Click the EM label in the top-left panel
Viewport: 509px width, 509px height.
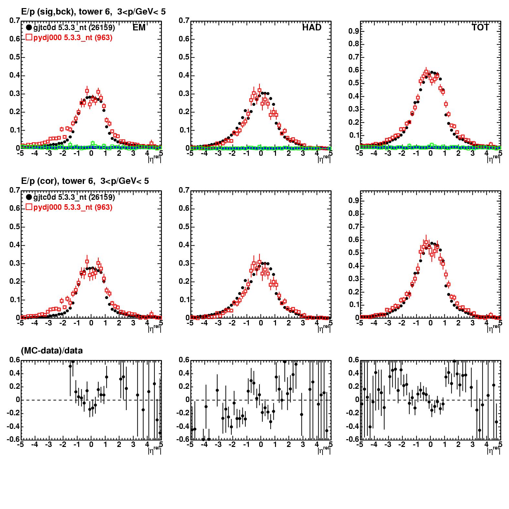[x=139, y=28]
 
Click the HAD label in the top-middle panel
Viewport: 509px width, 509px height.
[x=312, y=28]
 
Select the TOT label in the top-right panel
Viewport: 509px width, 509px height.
[x=480, y=28]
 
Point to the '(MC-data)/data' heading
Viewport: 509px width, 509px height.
[x=52, y=351]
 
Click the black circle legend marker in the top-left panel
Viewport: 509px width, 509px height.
[x=29, y=28]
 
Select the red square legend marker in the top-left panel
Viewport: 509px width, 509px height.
[x=29, y=37]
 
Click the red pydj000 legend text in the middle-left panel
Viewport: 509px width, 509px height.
[x=73, y=207]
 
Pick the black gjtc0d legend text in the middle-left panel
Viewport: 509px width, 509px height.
[x=74, y=197]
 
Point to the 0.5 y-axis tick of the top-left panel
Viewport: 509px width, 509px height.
[x=14, y=57]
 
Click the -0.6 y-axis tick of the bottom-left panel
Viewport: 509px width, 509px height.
[x=13, y=440]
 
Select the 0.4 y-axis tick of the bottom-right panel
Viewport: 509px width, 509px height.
[x=355, y=373]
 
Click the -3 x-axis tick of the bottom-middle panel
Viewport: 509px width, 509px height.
[x=218, y=445]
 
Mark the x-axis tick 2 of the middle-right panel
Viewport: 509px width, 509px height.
[x=458, y=323]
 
